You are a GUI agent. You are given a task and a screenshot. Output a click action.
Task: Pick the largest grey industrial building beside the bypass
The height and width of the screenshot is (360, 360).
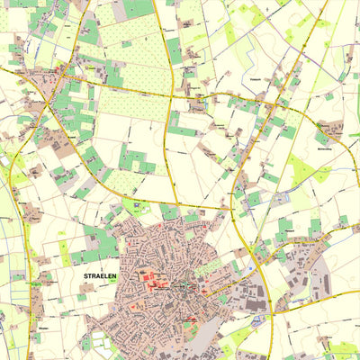[x=257, y=306]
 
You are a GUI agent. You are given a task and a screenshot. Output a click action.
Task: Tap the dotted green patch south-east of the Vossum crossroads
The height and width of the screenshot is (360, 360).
[x=301, y=168]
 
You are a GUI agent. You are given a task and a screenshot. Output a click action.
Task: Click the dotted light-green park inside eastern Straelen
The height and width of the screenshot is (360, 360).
[x=207, y=268]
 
